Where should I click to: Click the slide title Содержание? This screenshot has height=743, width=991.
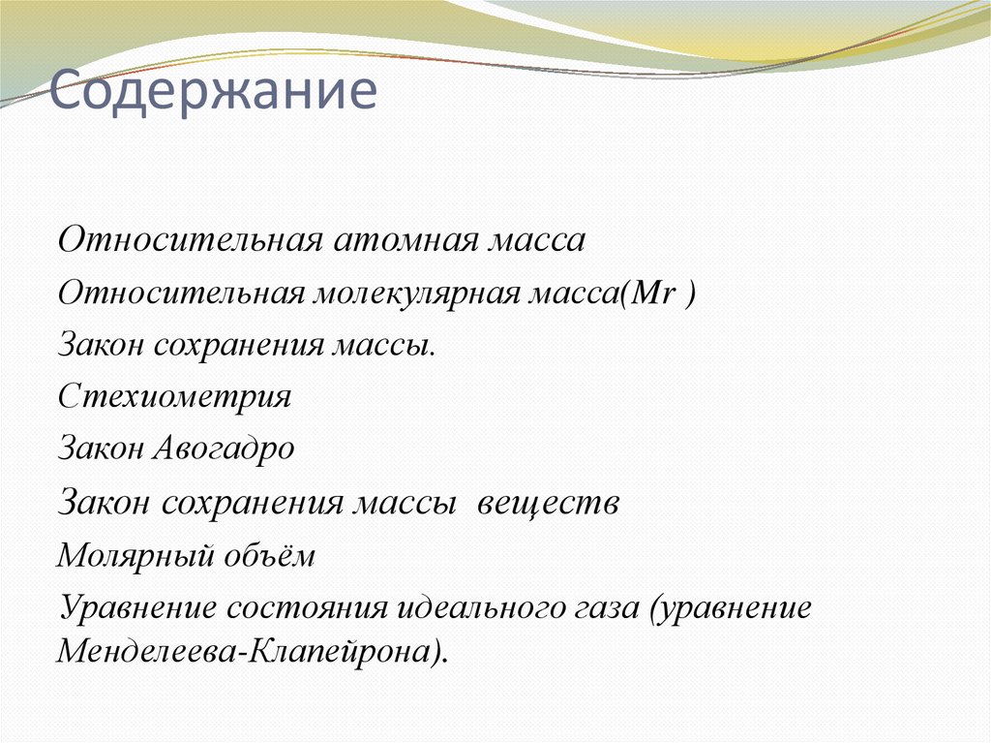[x=213, y=93]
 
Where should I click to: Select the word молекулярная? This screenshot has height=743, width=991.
[x=417, y=294]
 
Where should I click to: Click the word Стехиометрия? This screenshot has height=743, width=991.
[x=174, y=398]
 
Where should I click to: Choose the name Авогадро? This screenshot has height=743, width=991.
[x=224, y=450]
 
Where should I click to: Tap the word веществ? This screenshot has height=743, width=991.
[x=546, y=504]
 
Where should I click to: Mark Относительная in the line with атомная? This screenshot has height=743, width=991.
[x=190, y=240]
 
